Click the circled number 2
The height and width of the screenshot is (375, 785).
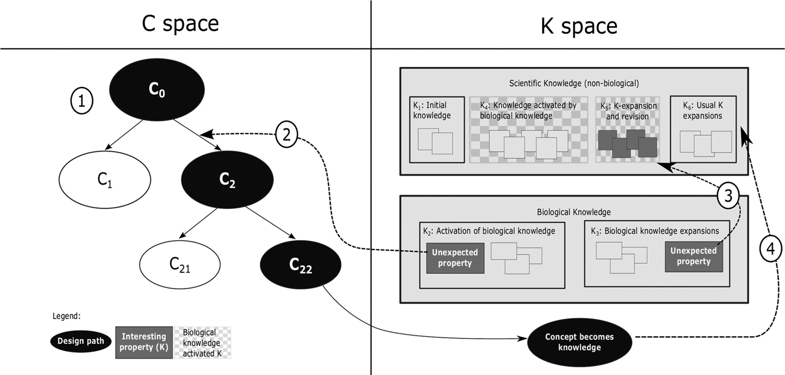(286, 135)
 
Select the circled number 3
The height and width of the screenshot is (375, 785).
(727, 195)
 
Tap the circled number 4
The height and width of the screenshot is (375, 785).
(772, 250)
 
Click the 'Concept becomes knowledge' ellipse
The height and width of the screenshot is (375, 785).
(579, 342)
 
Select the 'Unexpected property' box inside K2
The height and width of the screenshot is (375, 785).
(455, 258)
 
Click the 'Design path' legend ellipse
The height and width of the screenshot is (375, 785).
(79, 341)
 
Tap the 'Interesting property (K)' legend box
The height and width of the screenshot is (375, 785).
(144, 341)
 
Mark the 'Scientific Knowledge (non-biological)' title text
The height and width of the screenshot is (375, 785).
(573, 83)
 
